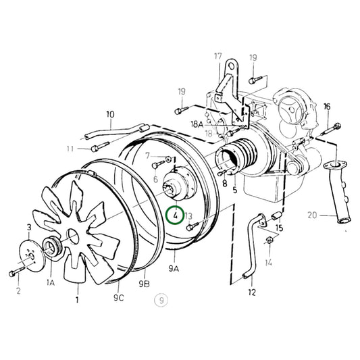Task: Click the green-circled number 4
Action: [175, 216]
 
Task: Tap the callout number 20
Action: [311, 217]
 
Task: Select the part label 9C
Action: [118, 297]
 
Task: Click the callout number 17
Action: [218, 57]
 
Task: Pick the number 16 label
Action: [327, 107]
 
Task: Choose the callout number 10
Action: [110, 115]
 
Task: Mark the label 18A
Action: [197, 125]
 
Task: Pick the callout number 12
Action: [252, 292]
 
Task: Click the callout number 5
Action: [234, 190]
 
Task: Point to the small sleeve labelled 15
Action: [276, 216]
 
